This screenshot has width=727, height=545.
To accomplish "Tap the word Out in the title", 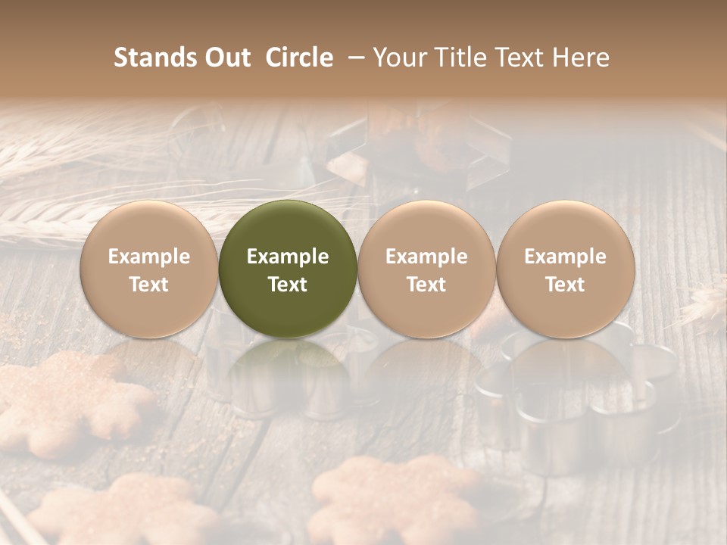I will click(226, 58).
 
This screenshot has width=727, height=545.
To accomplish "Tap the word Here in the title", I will click(582, 58).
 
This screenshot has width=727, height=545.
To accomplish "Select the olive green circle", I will click(288, 227).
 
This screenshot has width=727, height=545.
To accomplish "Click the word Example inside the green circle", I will click(288, 257).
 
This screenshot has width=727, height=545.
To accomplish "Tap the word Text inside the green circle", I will click(288, 285).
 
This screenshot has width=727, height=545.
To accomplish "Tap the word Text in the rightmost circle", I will click(566, 285).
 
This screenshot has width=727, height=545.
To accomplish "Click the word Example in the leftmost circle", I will click(149, 257).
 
